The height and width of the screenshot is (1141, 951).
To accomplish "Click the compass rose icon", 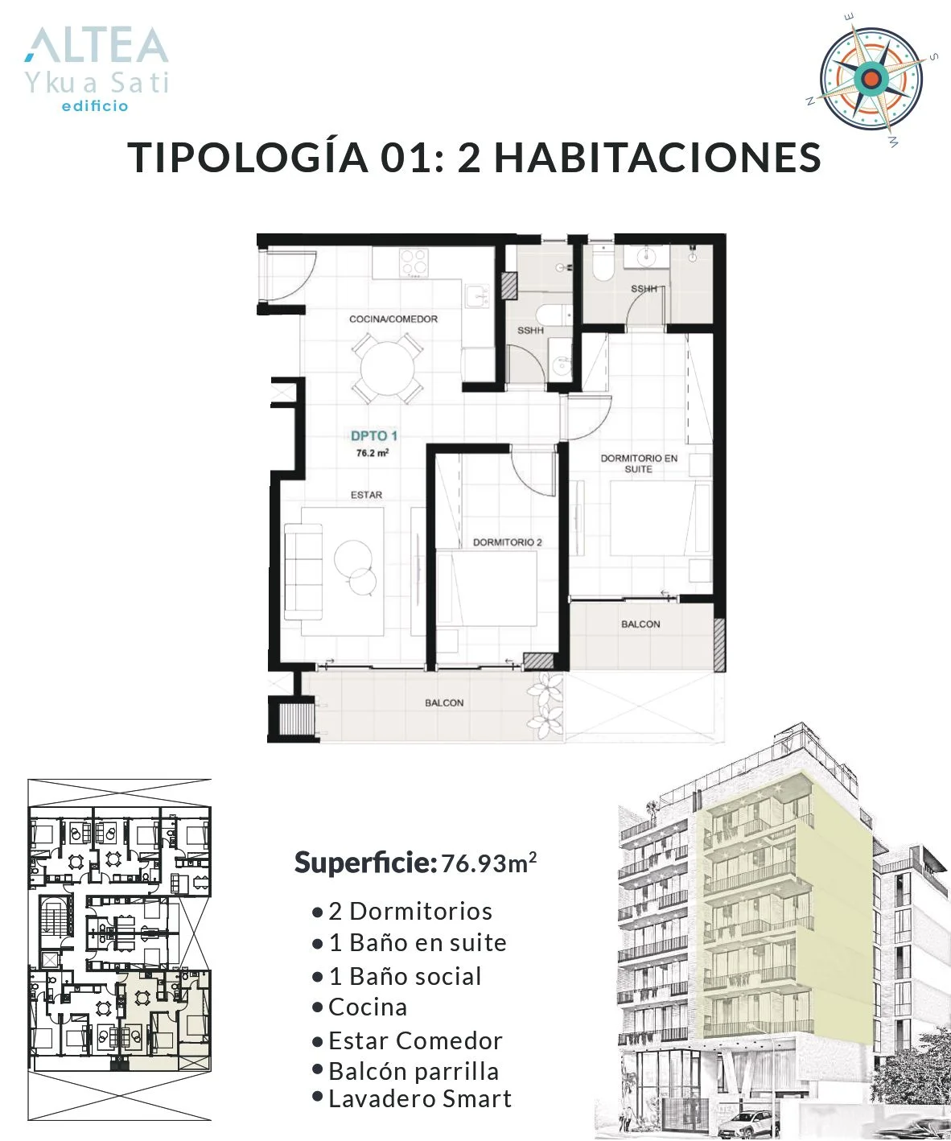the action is tap(871, 80).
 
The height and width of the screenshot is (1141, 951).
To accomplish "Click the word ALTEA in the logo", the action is tap(97, 45).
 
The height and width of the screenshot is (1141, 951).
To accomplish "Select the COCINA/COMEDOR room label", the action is tap(393, 319).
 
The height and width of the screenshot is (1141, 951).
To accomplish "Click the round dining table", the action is tap(388, 368).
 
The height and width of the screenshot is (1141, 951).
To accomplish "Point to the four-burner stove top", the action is tap(414, 262).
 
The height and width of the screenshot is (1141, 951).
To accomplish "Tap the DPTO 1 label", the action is tap(374, 435).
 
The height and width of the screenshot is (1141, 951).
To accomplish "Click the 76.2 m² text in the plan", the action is tap(373, 452).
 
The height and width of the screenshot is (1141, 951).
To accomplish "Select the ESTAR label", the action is tap(366, 495).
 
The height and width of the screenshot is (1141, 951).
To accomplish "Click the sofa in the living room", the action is tap(303, 571).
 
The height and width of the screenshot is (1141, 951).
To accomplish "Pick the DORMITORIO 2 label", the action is tap(507, 542).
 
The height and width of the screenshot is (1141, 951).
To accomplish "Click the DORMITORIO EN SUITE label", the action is tap(639, 463).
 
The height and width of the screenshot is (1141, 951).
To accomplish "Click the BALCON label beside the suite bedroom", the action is tap(640, 624).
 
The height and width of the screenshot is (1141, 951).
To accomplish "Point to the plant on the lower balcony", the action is tap(545, 705).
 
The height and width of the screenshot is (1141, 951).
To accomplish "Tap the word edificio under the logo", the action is tap(95, 105).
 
